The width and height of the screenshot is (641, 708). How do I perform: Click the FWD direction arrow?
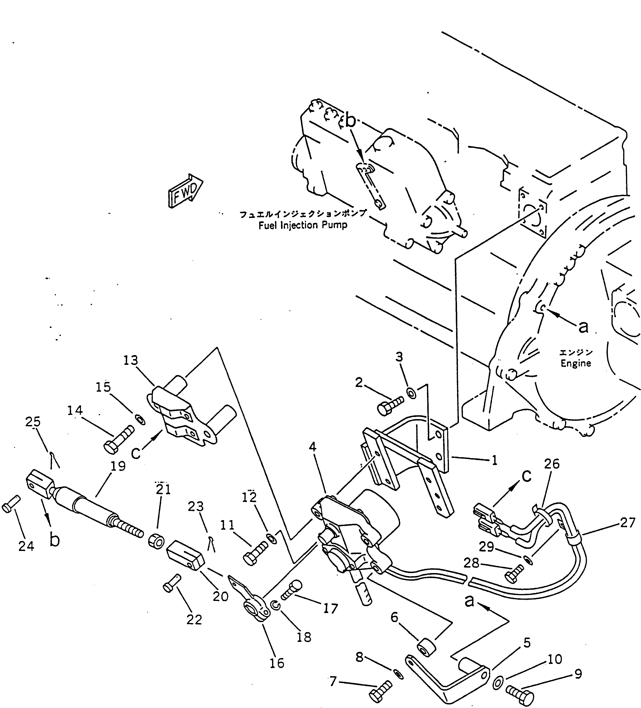185,191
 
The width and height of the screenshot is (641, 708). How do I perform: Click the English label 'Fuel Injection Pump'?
303,225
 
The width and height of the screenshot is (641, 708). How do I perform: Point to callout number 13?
131,360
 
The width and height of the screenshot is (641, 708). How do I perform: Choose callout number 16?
277,663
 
